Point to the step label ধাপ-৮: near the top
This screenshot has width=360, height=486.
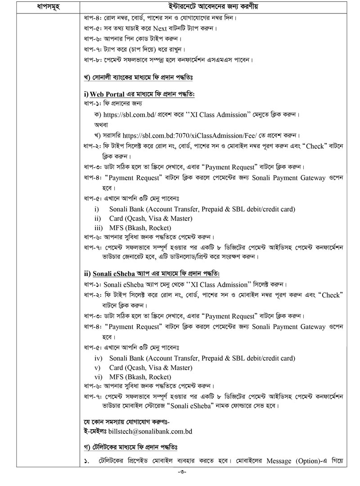[93, 59]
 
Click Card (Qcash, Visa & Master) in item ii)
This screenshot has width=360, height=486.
[150, 218]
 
